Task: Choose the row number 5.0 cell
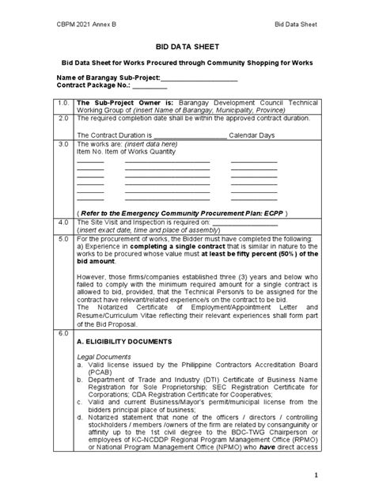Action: pyautogui.click(x=62, y=237)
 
